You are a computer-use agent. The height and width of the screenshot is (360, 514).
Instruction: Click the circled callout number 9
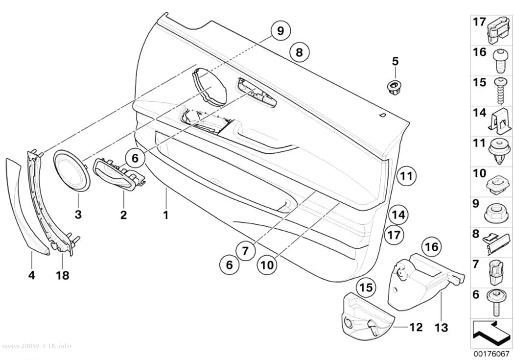280,31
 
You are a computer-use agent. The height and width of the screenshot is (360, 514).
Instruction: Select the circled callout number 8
299,52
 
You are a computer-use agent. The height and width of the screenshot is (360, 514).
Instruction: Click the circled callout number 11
406,176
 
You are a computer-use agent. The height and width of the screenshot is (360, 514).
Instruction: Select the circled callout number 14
398,215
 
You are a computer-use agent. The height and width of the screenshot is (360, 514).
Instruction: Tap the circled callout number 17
394,235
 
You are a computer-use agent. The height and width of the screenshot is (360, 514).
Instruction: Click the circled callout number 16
432,246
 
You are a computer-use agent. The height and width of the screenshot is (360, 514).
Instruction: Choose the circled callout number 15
367,287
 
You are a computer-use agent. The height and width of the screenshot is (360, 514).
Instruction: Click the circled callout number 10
267,264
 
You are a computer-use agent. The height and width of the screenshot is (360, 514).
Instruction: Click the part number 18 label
63,275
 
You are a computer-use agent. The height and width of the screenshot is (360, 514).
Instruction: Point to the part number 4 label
31,275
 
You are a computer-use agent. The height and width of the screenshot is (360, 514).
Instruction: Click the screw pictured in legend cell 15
501,91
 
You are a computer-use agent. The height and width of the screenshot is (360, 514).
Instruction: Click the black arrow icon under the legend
491,335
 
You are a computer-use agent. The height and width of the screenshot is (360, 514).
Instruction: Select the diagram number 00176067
491,354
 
